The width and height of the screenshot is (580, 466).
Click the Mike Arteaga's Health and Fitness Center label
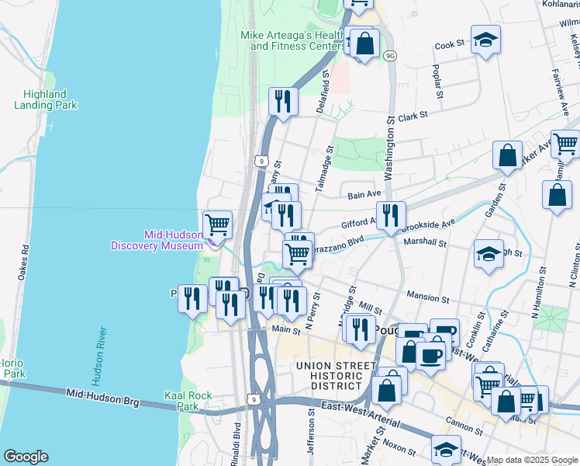292,40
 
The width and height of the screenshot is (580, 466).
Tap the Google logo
26,457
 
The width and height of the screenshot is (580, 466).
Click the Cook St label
449,45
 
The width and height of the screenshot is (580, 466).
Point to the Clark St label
413,116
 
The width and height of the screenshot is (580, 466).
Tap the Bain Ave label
364,193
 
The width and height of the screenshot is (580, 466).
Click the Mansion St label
427,297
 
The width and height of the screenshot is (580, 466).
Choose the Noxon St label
399,446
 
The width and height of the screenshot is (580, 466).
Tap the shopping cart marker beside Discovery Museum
218,224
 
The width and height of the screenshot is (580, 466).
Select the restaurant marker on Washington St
390,215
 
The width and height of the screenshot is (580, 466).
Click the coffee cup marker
431,354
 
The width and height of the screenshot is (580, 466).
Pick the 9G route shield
391,55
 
